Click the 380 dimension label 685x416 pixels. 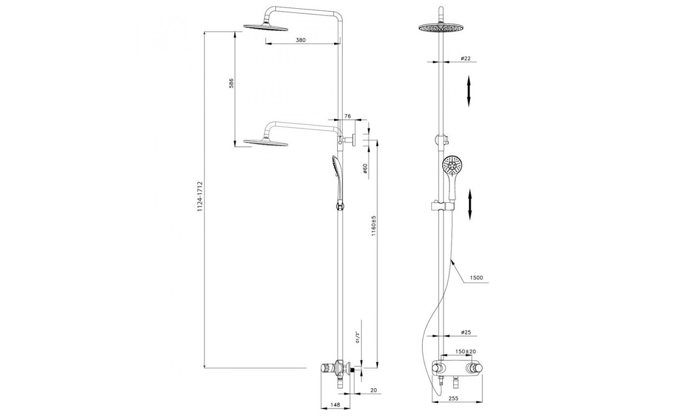coord(300,40)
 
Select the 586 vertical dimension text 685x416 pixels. coord(231,83)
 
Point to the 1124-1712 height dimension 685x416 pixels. coord(200,196)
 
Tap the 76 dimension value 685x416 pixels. coord(347,116)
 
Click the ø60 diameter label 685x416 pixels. coord(365,168)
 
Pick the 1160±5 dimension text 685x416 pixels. coord(373,226)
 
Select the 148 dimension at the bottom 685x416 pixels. coord(335,405)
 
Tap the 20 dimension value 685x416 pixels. coord(373,391)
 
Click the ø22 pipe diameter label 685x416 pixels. coord(465,58)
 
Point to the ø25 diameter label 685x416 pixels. coord(465,332)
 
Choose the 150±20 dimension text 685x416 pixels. coord(465,351)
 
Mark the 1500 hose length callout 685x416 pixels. coord(477,278)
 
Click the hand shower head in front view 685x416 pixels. coord(452,165)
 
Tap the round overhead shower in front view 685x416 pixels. coord(440,27)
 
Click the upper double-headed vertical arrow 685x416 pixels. coord(469,91)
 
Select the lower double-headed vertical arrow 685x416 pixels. coord(470,205)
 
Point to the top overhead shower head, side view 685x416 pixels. coord(265,27)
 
